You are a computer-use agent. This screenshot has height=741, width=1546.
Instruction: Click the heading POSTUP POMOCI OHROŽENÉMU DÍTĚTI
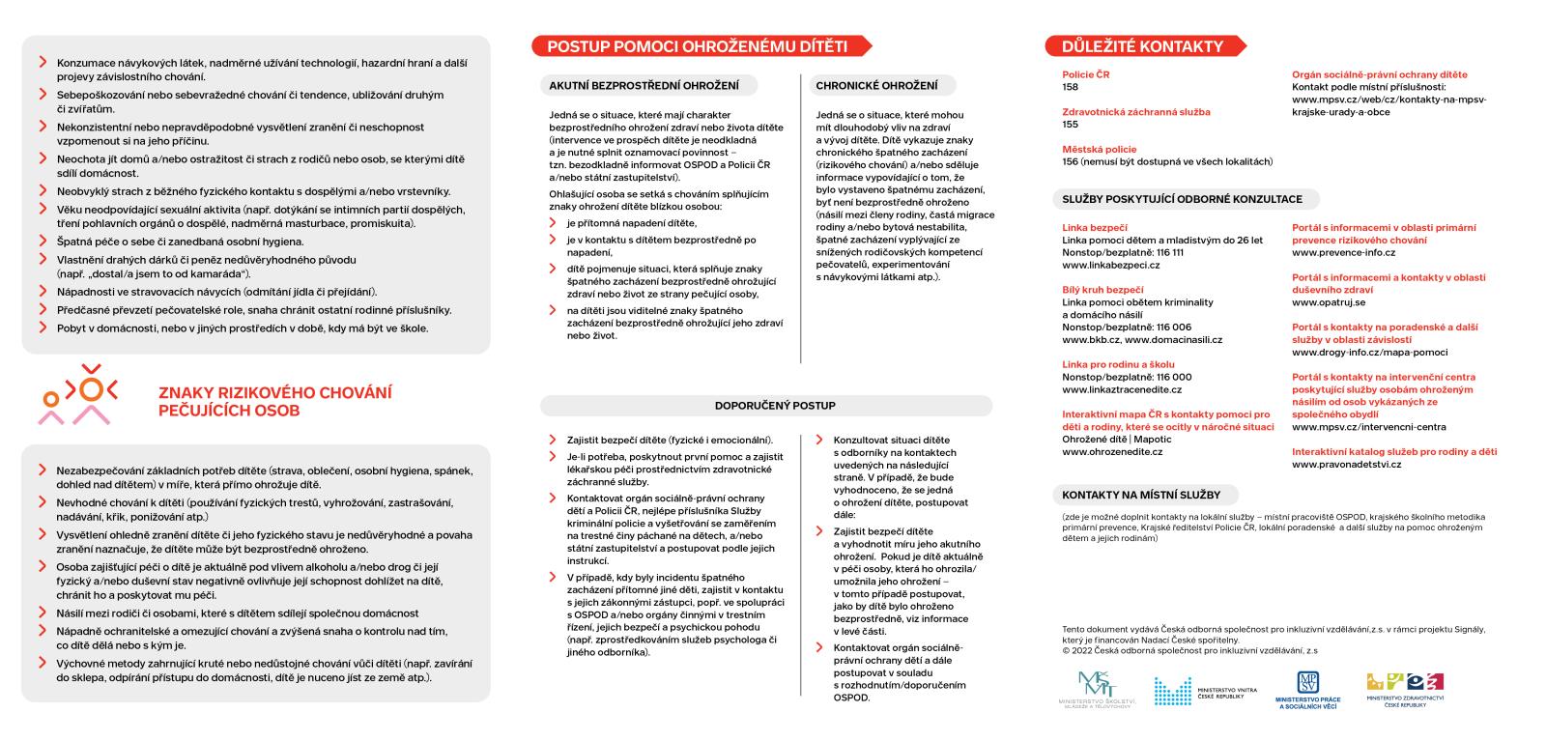click(697, 46)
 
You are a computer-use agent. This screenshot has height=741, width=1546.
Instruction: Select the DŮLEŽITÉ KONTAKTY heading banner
click(1142, 46)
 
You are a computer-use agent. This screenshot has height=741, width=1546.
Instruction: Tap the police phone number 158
click(1070, 87)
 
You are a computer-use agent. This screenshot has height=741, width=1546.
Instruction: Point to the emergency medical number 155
click(1070, 125)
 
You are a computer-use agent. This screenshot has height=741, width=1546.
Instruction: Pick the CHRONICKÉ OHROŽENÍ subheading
click(875, 86)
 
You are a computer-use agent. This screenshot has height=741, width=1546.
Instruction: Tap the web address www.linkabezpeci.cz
click(1110, 265)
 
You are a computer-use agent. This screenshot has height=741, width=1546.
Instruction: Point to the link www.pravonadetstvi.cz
click(1346, 465)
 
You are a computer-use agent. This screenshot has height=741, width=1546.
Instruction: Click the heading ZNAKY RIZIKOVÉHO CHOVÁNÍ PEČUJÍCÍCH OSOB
click(274, 402)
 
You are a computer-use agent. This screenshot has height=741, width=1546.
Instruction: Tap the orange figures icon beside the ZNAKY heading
click(78, 394)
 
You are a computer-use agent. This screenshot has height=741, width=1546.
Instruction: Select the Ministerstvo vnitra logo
click(1204, 691)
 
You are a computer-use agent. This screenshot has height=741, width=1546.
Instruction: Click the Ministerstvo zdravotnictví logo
click(1405, 689)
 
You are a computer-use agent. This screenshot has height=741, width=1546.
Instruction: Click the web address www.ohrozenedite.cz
click(1112, 452)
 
